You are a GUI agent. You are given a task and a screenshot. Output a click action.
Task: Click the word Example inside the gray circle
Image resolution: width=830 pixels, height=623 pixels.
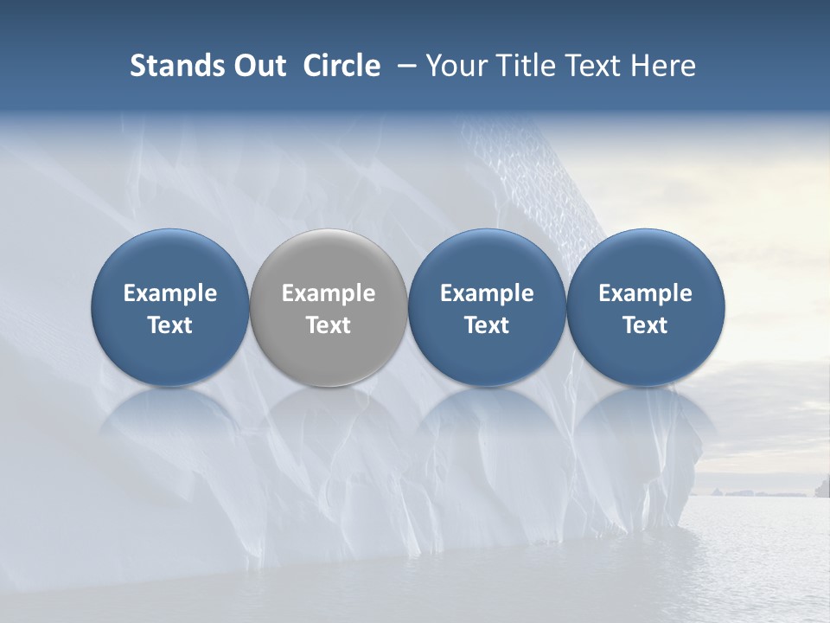(x=329, y=293)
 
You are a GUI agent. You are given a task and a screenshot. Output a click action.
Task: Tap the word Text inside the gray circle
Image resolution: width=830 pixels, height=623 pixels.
(x=329, y=325)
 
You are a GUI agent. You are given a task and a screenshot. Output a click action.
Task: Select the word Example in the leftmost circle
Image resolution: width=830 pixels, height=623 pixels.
(x=170, y=293)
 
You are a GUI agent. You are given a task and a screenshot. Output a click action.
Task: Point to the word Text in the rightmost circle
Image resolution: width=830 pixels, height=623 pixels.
(x=646, y=325)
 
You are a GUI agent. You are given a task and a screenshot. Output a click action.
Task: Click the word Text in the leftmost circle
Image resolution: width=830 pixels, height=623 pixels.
(x=170, y=325)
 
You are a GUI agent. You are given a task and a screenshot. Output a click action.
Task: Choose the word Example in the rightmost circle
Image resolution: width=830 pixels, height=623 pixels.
(x=646, y=293)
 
